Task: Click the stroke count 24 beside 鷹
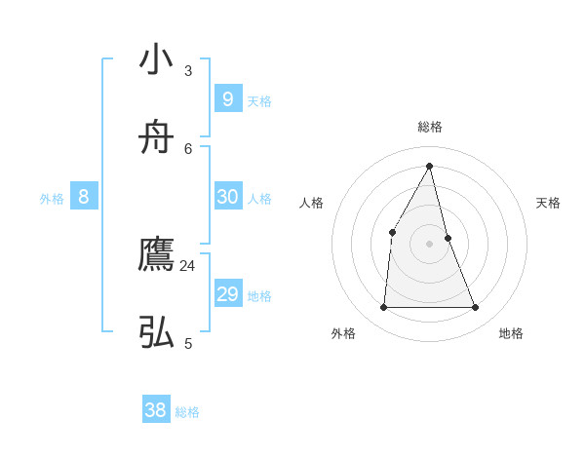tap(187, 265)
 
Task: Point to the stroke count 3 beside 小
tap(188, 70)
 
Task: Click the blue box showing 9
tap(227, 98)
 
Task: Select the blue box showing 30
tap(227, 196)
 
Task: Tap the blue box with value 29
tap(227, 293)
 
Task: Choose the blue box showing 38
tap(156, 410)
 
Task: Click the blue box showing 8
tap(84, 196)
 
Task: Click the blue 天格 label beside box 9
tap(259, 101)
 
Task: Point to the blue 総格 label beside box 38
tap(187, 413)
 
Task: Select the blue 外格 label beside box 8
tap(52, 199)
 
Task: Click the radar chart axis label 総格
tap(430, 127)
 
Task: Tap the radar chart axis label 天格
tap(548, 203)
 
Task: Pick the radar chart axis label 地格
tap(511, 333)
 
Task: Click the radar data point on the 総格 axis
tap(430, 166)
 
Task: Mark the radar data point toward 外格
tap(383, 308)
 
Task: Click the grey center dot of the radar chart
tap(430, 244)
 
